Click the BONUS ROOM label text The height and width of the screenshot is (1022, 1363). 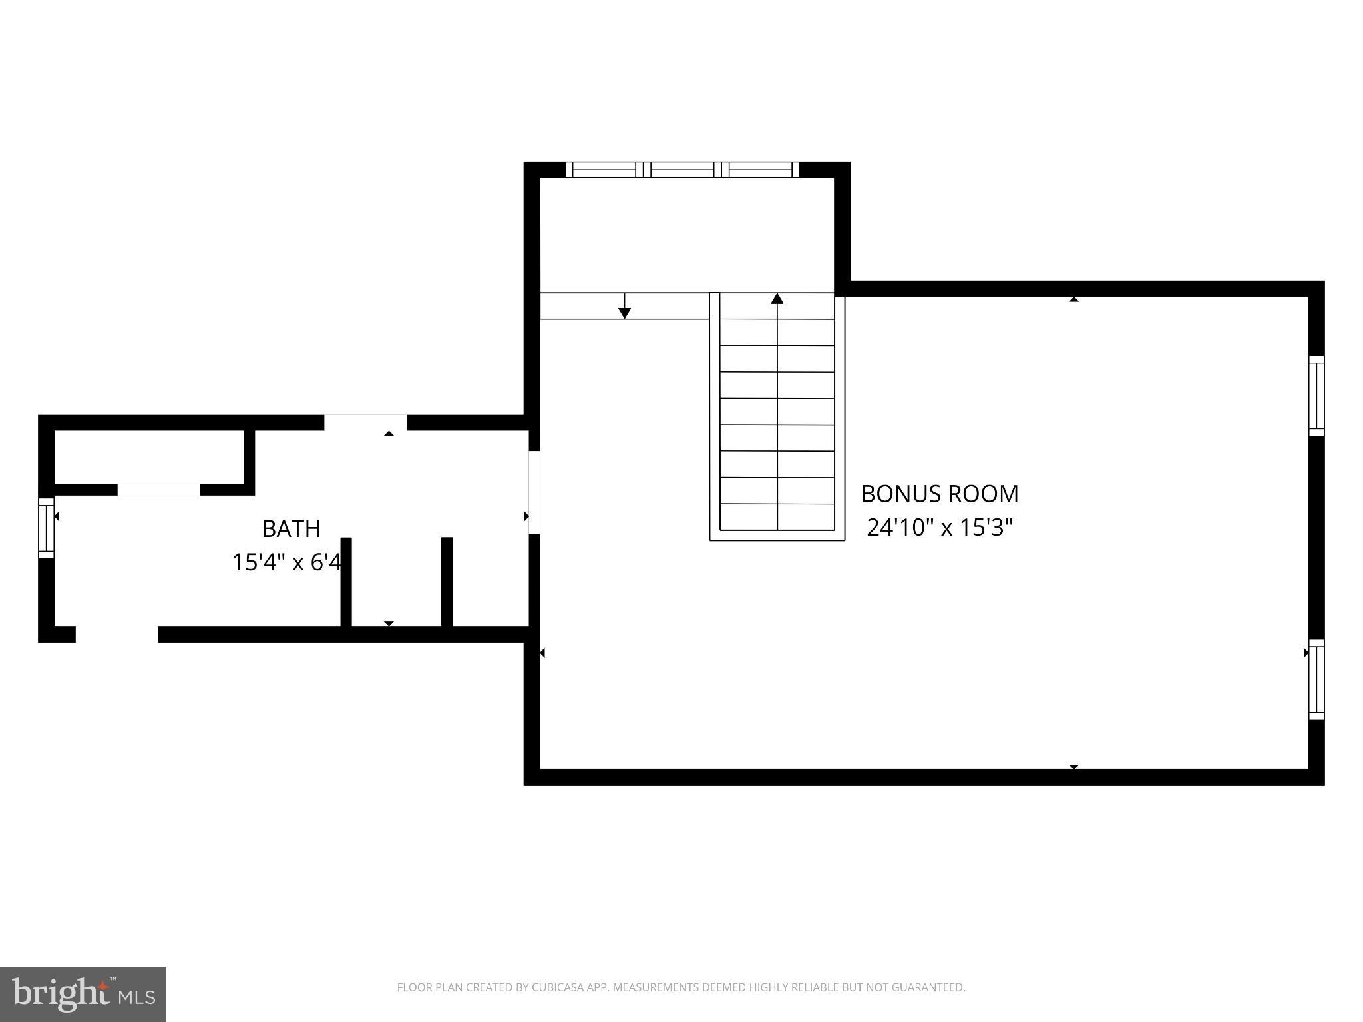[x=939, y=494]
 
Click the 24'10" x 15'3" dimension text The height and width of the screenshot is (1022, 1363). [x=939, y=528]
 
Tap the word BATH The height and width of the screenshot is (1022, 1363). [x=291, y=528]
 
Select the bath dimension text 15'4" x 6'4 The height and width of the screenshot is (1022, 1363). [x=286, y=562]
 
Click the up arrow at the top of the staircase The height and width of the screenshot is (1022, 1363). [x=777, y=299]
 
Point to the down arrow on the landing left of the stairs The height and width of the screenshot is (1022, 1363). [x=624, y=311]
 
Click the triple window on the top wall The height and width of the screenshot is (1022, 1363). [x=682, y=170]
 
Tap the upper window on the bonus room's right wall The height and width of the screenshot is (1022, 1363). [x=1316, y=396]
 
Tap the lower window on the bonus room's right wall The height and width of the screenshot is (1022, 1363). [x=1316, y=679]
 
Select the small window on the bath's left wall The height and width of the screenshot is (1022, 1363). [x=45, y=528]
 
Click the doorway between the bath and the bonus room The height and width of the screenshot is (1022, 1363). [x=534, y=492]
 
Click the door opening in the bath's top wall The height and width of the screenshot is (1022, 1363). [x=365, y=423]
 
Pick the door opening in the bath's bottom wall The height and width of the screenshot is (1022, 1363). [x=117, y=634]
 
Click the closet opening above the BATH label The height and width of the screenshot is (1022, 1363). [x=158, y=490]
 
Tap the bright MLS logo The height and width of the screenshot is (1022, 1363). [x=83, y=994]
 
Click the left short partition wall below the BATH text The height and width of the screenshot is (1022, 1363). [x=346, y=582]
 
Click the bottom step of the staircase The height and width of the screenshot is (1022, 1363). [x=777, y=517]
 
